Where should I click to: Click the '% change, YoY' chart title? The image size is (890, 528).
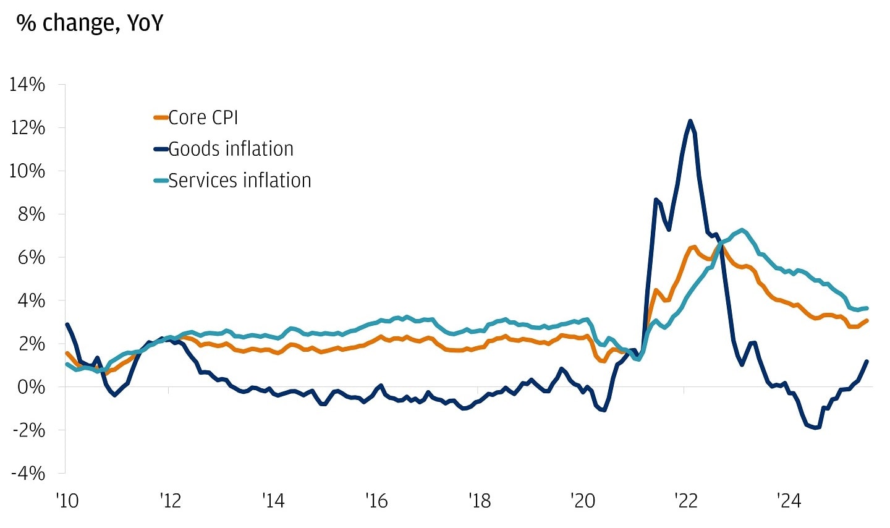(x=90, y=23)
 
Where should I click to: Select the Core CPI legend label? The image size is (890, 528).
(x=203, y=117)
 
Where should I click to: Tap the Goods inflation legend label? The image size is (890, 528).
(x=231, y=149)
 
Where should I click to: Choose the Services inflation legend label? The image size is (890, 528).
(x=240, y=181)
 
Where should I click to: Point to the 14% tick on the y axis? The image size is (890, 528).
(x=27, y=84)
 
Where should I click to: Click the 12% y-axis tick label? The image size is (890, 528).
(x=27, y=127)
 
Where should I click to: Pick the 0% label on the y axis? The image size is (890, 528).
(x=31, y=387)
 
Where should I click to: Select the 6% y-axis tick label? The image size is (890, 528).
(x=31, y=257)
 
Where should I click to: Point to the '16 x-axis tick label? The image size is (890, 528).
(x=376, y=500)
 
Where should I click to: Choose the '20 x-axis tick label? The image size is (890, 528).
(x=582, y=500)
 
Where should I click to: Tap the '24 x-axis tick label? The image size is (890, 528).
(x=788, y=500)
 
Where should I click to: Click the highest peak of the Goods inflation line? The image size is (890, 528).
(x=690, y=121)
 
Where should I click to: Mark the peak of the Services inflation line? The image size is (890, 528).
(x=742, y=229)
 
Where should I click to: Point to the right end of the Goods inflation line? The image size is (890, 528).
(x=867, y=362)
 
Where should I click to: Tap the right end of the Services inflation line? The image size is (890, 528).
(x=867, y=308)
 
